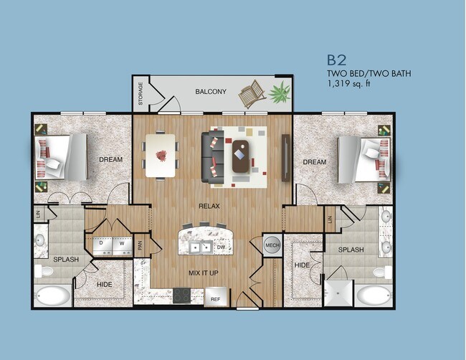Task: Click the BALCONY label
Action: [211, 92]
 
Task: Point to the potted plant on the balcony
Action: [280, 92]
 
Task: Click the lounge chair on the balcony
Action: [252, 94]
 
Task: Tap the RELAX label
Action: [209, 206]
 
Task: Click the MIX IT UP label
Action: [204, 273]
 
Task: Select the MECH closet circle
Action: [272, 245]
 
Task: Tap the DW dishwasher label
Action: [221, 247]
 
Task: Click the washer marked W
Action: [121, 244]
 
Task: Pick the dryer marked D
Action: [101, 244]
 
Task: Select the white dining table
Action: [161, 154]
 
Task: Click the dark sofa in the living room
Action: [212, 156]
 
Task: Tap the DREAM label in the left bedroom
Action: [110, 159]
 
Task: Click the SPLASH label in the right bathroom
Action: [351, 250]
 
